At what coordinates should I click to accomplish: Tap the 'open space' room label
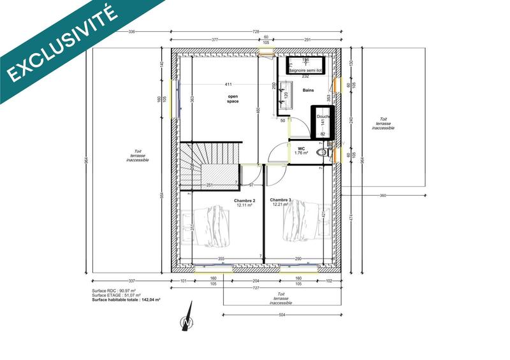coord(233,99)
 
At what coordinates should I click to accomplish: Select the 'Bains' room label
coord(309,90)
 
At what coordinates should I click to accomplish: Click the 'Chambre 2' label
coord(227,202)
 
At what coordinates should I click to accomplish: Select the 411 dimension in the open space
coord(228,85)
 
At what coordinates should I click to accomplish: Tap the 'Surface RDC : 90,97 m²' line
coord(115,291)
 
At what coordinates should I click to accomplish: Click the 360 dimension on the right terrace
coord(383,194)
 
